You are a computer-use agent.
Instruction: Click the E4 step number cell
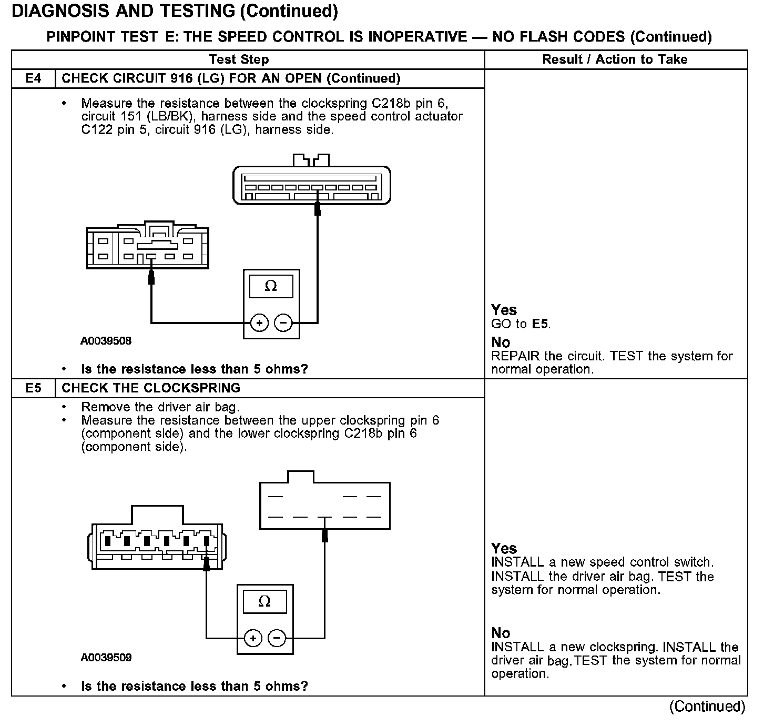click(x=33, y=78)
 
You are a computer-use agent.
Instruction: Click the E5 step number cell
click(x=33, y=388)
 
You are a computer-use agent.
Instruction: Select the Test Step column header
click(x=239, y=59)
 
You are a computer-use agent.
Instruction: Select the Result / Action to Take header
click(x=615, y=59)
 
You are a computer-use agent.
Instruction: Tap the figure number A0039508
click(x=106, y=341)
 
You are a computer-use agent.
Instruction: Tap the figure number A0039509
click(x=106, y=658)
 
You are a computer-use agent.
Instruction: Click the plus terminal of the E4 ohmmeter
click(x=259, y=322)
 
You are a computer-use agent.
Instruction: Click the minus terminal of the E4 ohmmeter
click(x=283, y=322)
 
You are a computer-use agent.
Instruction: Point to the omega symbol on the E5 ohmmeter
click(x=264, y=601)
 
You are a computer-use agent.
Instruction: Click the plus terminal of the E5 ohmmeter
click(x=253, y=639)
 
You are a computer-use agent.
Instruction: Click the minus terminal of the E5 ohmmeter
click(x=277, y=639)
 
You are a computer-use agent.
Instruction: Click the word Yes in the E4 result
click(x=504, y=310)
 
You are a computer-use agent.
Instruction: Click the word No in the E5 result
click(x=501, y=633)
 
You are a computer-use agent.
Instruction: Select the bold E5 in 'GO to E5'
click(x=540, y=324)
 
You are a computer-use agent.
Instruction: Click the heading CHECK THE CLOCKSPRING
click(x=151, y=388)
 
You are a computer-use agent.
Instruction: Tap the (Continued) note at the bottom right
click(x=707, y=707)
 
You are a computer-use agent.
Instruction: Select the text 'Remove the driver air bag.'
click(x=160, y=407)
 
